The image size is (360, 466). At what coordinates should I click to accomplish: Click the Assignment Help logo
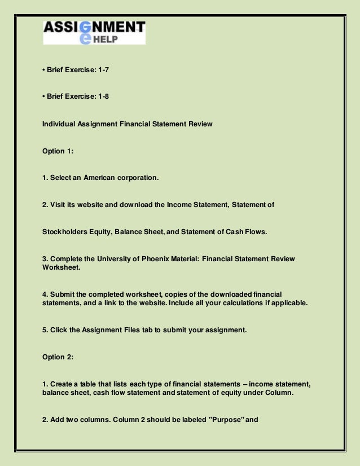click(x=94, y=32)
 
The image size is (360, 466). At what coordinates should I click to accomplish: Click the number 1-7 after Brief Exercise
click(x=102, y=70)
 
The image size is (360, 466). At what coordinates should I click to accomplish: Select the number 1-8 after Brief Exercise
click(x=102, y=96)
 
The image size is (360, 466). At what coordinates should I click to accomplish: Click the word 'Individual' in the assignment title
click(x=59, y=124)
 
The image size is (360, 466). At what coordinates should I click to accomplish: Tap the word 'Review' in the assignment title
click(x=201, y=124)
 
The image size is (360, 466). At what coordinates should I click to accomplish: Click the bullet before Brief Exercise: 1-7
click(x=44, y=70)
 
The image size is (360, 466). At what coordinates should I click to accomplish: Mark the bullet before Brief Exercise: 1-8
click(x=44, y=96)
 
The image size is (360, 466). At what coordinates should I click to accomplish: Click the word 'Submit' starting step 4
click(x=62, y=294)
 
